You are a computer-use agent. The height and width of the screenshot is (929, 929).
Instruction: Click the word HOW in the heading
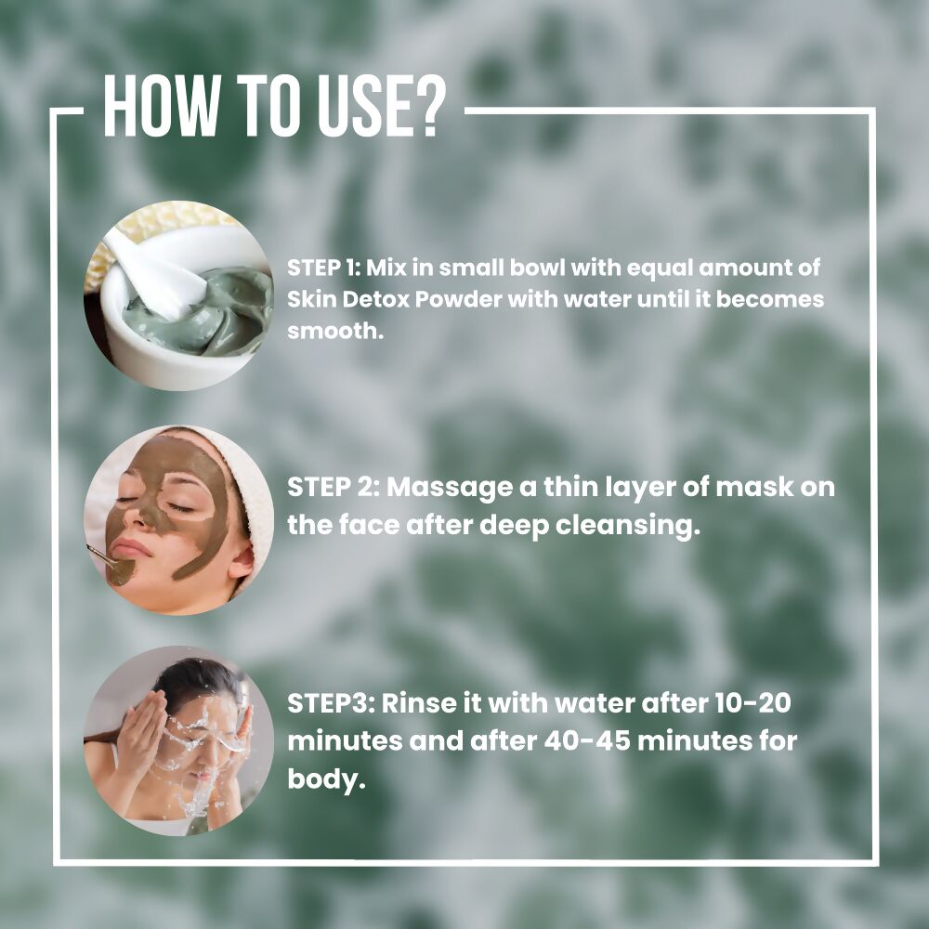pos(161,107)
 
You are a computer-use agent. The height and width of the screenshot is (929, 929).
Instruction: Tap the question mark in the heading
pos(426,107)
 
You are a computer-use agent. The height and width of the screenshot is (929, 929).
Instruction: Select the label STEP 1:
pos(324,268)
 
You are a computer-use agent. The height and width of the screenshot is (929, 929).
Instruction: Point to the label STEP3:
pos(332,704)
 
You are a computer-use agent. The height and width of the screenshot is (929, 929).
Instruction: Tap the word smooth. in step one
pos(336,331)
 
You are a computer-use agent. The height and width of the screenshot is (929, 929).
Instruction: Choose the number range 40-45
pos(586,740)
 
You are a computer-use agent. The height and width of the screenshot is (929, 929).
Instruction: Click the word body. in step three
pos(326,779)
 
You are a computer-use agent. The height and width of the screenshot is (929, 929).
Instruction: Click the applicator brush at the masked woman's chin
pos(111,565)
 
